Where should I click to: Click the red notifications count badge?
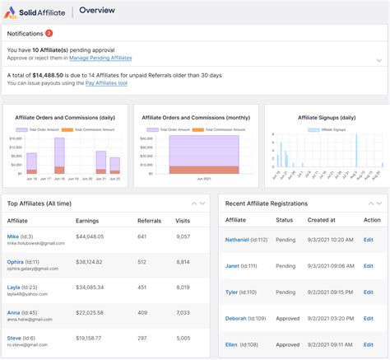pyautogui.click(x=49, y=33)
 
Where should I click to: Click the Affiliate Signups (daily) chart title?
pyautogui.click(x=325, y=117)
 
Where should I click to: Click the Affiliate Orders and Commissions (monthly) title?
pyautogui.click(x=195, y=117)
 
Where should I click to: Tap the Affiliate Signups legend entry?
pyautogui.click(x=325, y=129)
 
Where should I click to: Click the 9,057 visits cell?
pyautogui.click(x=183, y=236)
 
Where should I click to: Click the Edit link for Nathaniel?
pyautogui.click(x=369, y=240)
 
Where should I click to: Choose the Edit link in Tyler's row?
pyautogui.click(x=369, y=292)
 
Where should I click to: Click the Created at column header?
pyautogui.click(x=323, y=220)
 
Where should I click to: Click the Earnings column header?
pyautogui.click(x=88, y=220)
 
